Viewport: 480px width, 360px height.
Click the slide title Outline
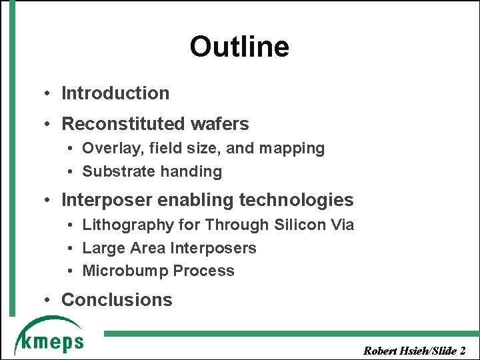[239, 47]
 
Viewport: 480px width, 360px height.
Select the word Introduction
[115, 93]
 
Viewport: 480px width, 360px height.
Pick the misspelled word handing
[189, 171]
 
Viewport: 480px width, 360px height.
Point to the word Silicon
[300, 225]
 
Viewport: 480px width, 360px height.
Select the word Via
[342, 225]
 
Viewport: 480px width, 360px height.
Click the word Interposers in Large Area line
[213, 248]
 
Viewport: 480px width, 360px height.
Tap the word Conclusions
[117, 300]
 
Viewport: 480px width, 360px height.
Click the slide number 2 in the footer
[463, 349]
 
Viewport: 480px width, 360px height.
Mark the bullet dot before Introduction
[49, 94]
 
